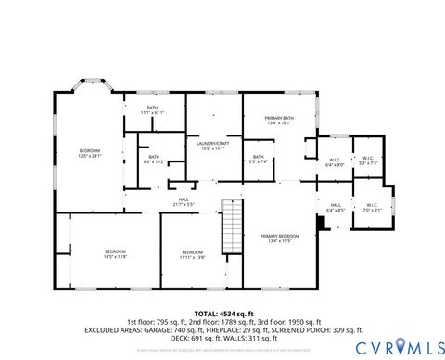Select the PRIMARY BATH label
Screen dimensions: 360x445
coord(279,118)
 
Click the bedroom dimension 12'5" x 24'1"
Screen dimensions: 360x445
coord(89,157)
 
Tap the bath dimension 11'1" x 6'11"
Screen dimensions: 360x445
coord(151,113)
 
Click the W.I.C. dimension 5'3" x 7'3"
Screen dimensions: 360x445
coord(367,163)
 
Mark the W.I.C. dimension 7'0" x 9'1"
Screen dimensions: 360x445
coord(372,211)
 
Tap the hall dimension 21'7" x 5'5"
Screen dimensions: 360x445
coord(184,204)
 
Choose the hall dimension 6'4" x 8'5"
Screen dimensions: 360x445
coord(336,211)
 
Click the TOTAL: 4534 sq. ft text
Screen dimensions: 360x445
coord(222,314)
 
